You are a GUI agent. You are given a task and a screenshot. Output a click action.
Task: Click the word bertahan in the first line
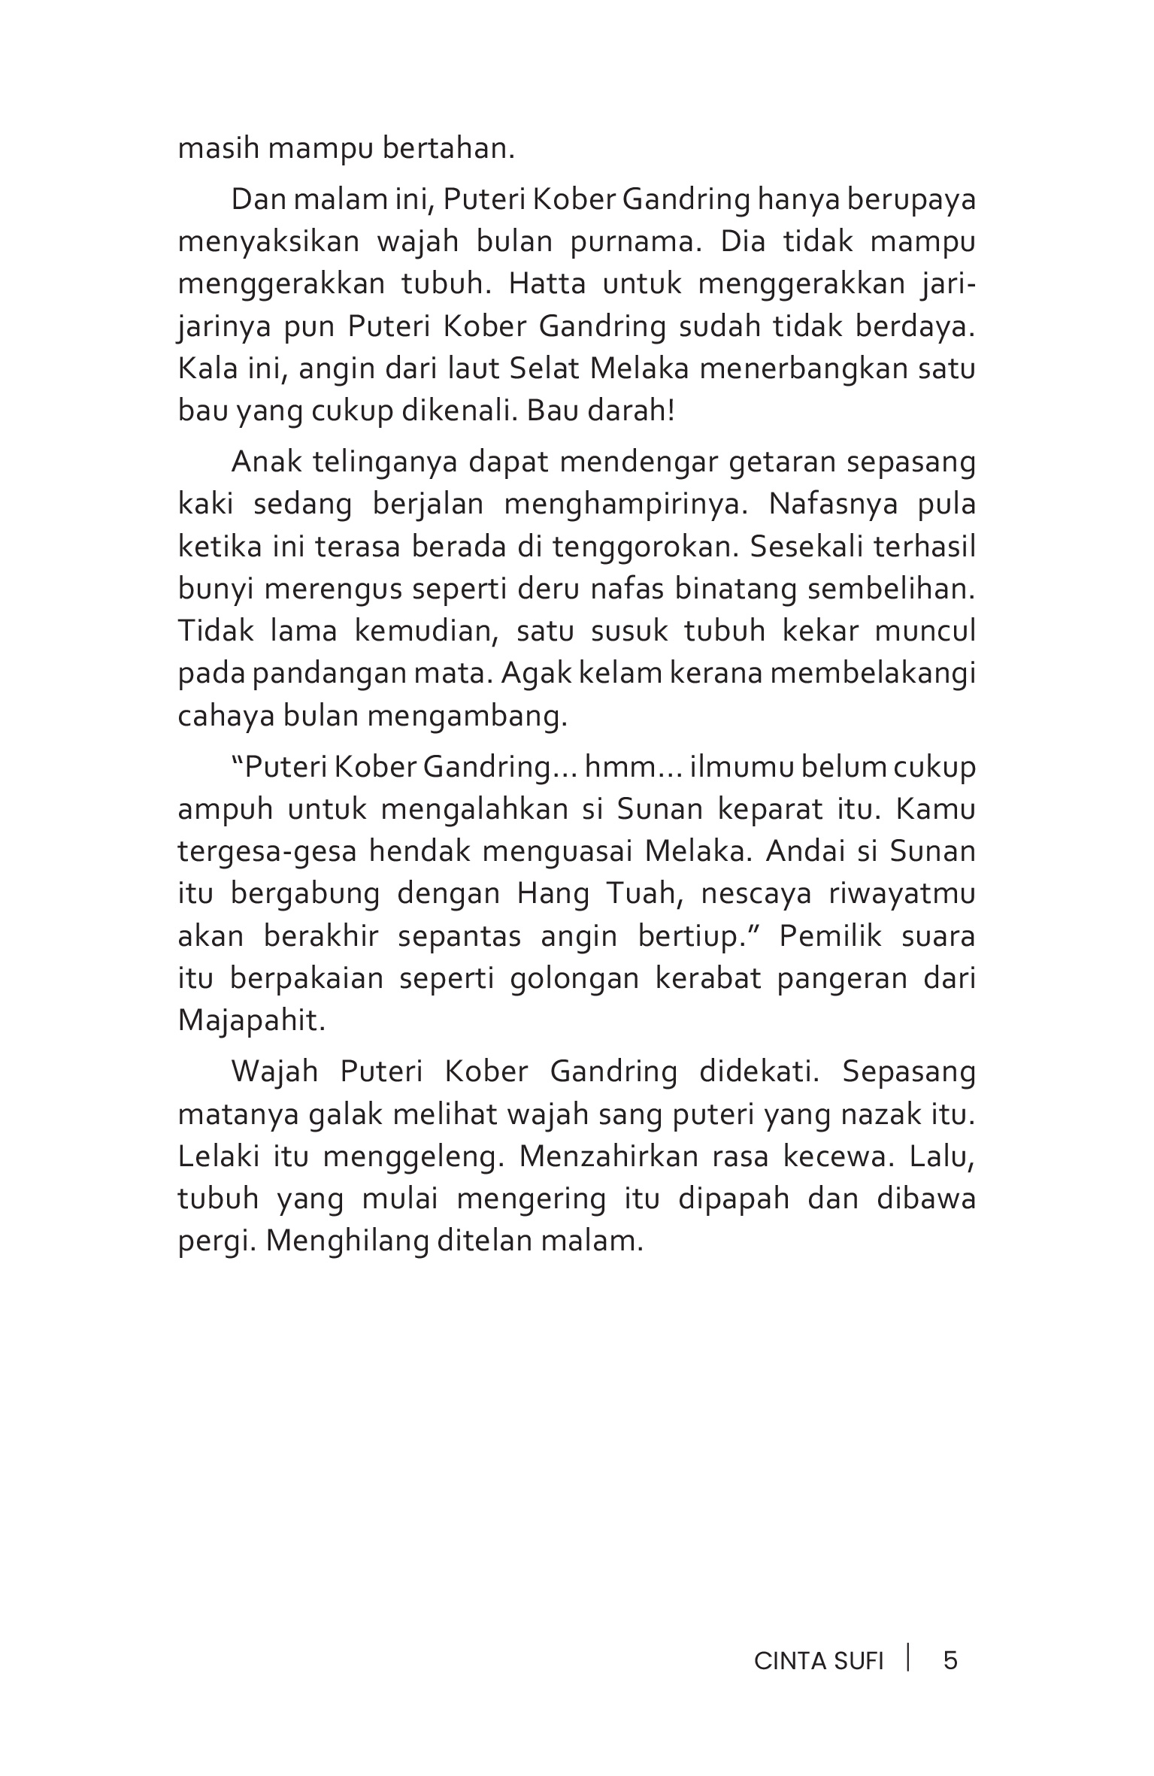449,148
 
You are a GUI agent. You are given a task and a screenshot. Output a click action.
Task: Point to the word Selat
548,369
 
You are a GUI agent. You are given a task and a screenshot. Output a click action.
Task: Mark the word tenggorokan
639,547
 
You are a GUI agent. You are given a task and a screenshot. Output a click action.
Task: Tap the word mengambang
466,716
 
